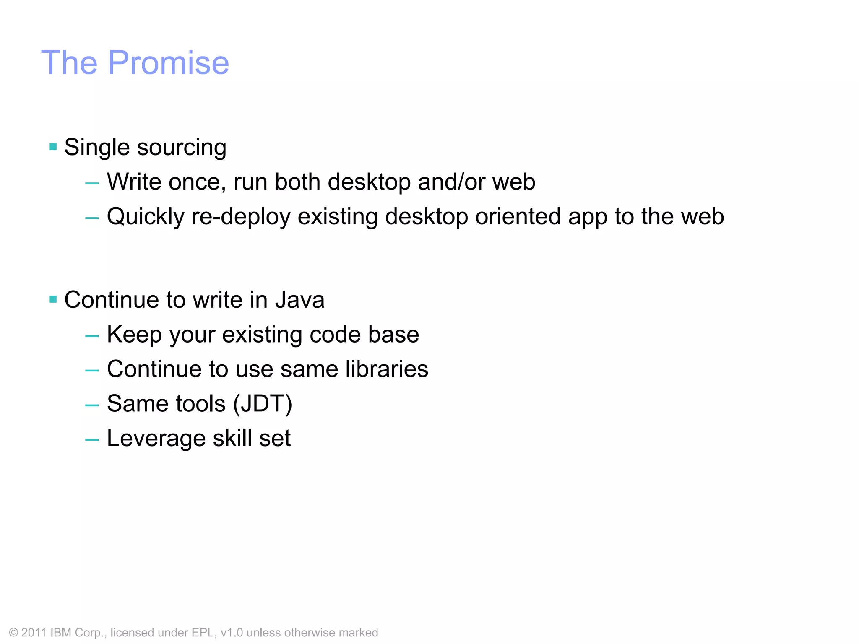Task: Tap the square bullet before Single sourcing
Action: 53,147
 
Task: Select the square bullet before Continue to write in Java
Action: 53,299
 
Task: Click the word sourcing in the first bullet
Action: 182,148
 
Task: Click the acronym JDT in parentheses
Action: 263,404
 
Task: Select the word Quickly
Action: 146,217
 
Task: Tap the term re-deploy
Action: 241,217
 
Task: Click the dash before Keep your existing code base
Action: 92,336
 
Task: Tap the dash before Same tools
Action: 92,405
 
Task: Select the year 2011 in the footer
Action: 34,633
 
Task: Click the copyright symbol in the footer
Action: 13,633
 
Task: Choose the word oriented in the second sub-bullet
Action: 518,217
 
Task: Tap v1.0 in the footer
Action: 232,633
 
